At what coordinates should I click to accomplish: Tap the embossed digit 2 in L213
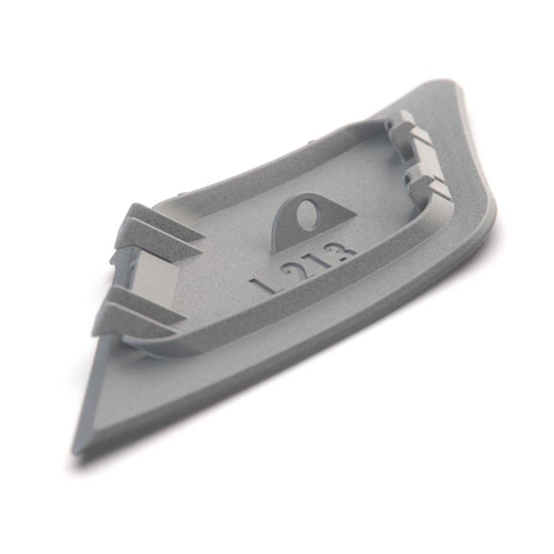click(x=291, y=273)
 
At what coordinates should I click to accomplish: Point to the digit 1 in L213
click(x=316, y=262)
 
